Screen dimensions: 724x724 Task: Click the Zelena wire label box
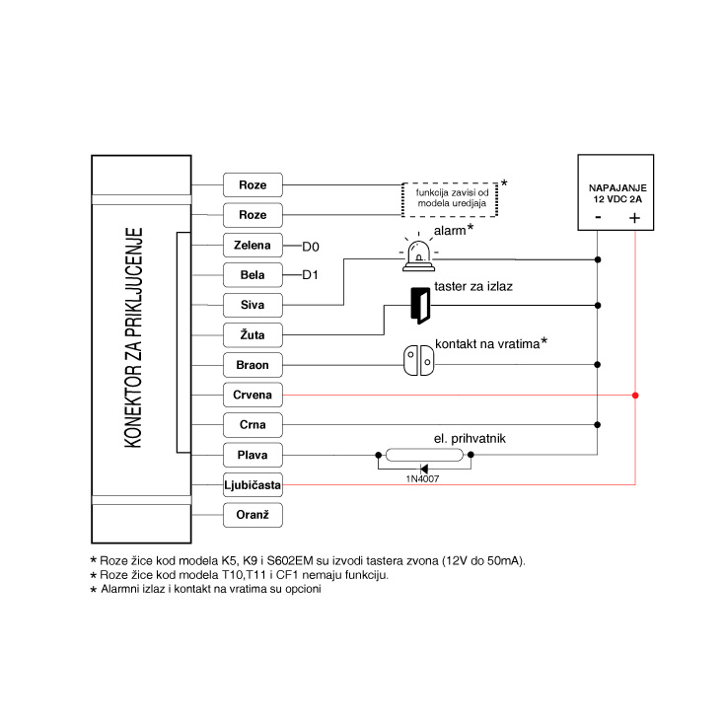(x=253, y=244)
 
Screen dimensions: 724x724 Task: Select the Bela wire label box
(x=253, y=273)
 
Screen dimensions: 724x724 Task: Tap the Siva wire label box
(x=253, y=304)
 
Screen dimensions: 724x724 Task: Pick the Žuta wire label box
(x=253, y=334)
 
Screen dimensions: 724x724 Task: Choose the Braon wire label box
(x=253, y=365)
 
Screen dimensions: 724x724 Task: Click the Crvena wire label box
(x=253, y=395)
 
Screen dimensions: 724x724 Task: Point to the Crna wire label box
(x=253, y=425)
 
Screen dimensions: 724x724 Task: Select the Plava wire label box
(x=253, y=456)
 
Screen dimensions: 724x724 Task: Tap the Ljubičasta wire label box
(x=253, y=485)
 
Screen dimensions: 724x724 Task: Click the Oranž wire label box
(x=253, y=516)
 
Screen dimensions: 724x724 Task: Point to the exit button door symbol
(x=420, y=306)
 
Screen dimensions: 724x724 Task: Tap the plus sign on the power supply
(x=635, y=219)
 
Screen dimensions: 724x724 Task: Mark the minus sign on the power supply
(x=598, y=219)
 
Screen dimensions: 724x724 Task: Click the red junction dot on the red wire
(x=636, y=396)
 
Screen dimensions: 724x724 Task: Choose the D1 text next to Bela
(x=312, y=274)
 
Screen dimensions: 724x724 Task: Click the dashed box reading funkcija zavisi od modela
(x=450, y=198)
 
